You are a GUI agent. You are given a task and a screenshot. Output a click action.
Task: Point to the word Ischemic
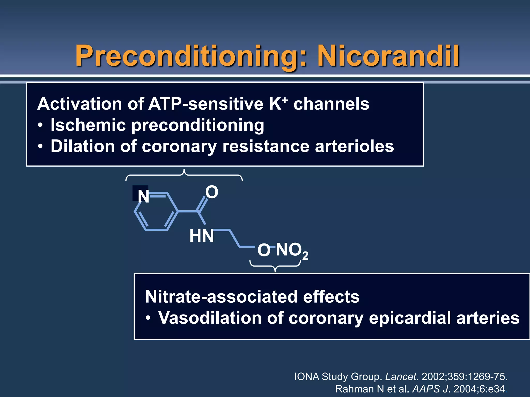click(x=88, y=125)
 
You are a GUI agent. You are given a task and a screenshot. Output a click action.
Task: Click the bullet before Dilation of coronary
click(x=40, y=147)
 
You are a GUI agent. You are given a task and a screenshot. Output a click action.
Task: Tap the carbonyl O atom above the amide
click(x=212, y=192)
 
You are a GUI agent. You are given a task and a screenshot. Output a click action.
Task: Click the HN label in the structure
click(x=201, y=236)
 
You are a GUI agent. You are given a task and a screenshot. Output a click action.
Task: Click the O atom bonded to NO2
click(x=264, y=250)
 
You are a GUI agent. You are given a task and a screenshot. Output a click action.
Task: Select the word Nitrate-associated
click(x=252, y=296)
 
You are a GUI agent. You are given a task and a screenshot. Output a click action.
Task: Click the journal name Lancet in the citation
click(x=401, y=377)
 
